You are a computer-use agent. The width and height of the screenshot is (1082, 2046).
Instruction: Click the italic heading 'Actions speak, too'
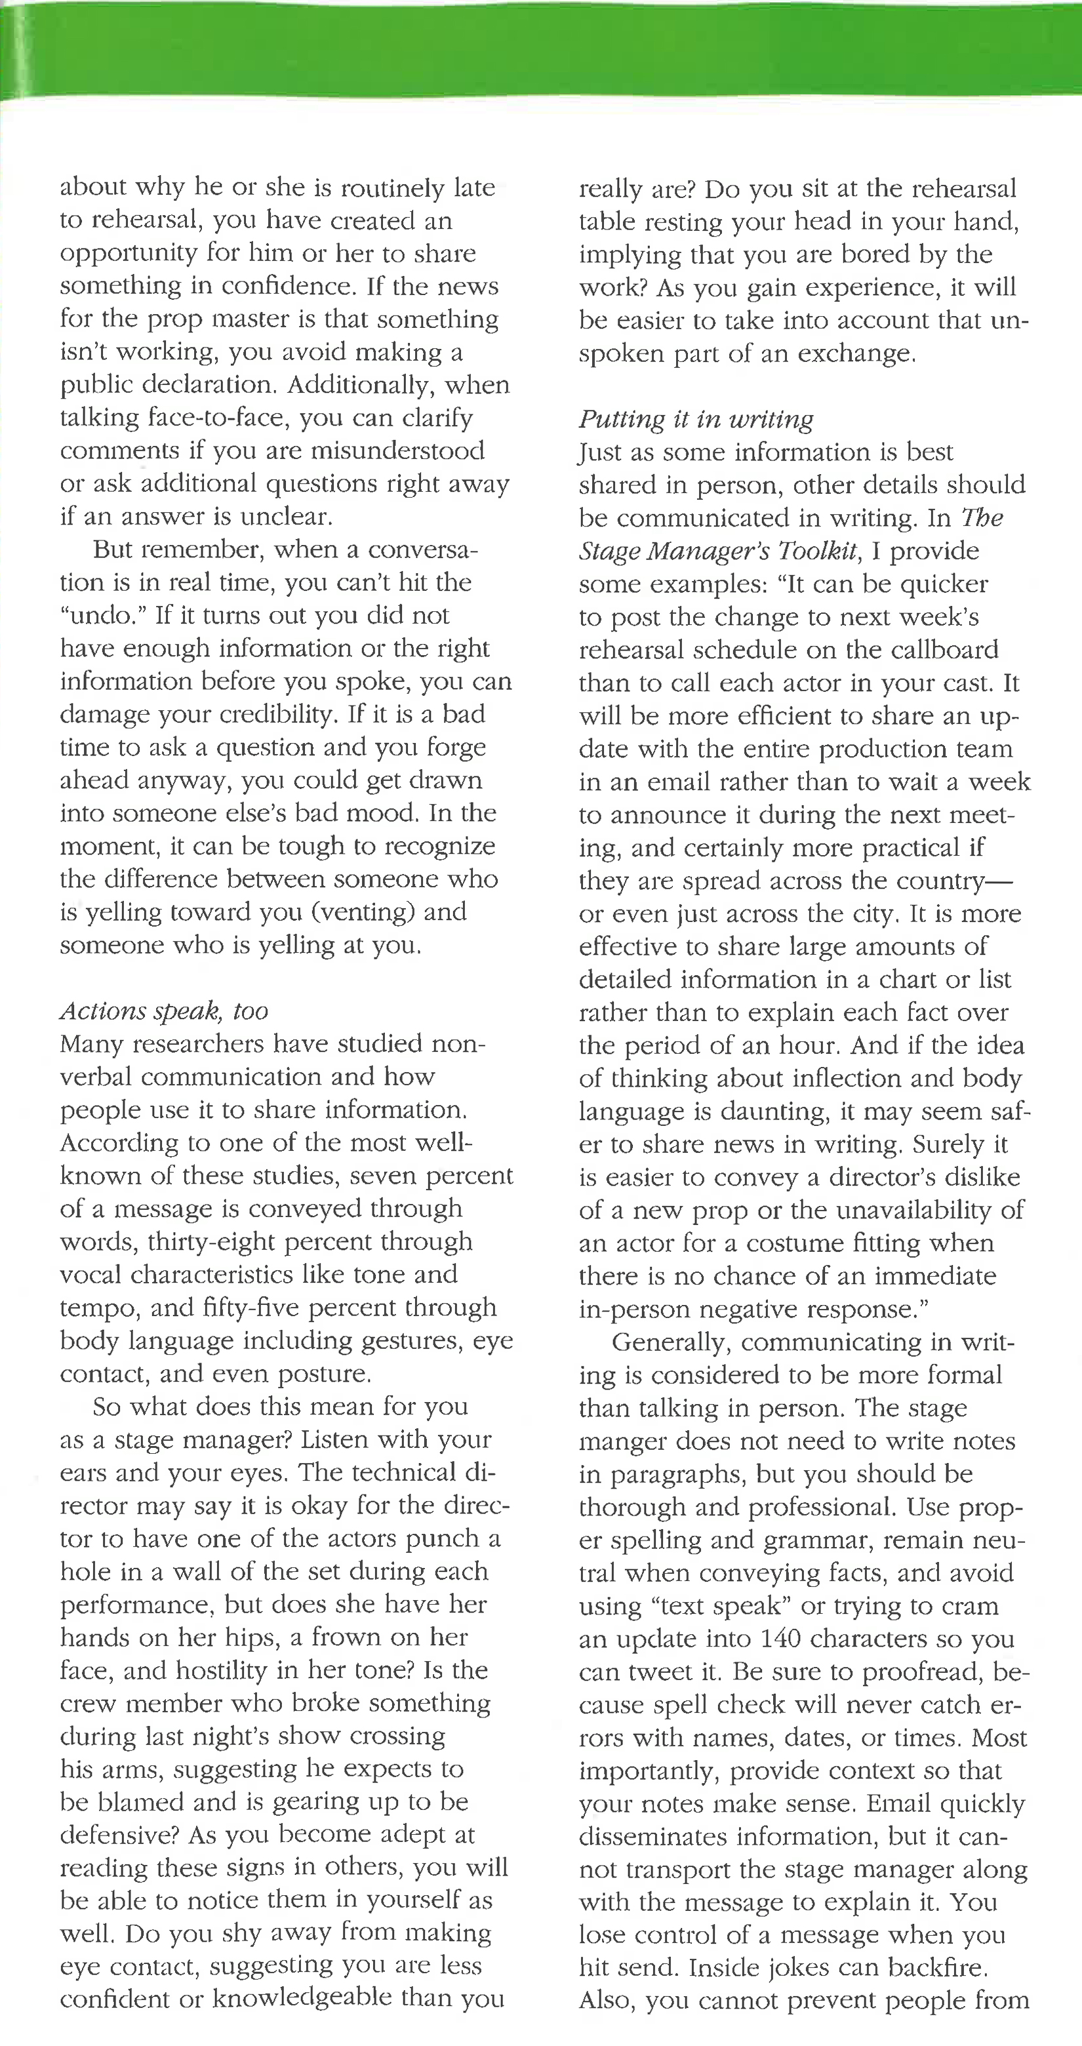coord(164,1011)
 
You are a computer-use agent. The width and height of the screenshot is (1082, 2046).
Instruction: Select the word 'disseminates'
coord(654,1836)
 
